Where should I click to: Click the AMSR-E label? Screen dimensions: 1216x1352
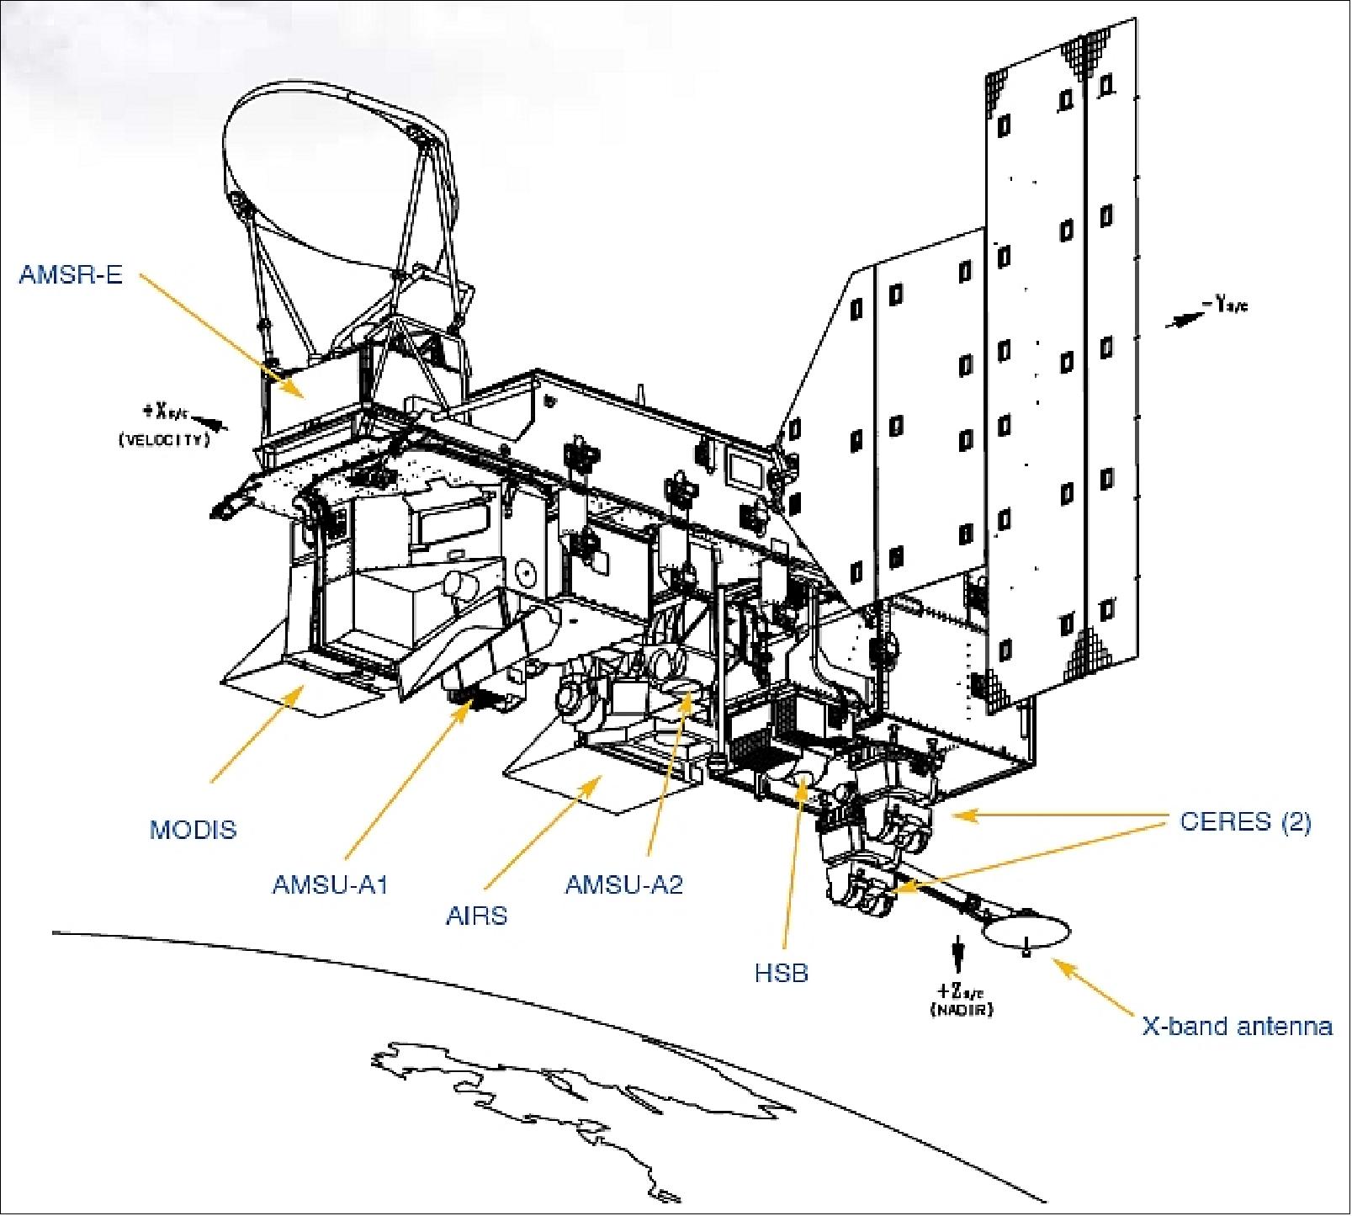coord(71,274)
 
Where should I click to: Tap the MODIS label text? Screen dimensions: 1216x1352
coord(193,830)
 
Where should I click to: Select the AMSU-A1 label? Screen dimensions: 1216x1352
coord(329,884)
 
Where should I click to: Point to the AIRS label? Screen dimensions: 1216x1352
coord(476,916)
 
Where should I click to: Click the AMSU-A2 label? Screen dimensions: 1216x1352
coord(623,884)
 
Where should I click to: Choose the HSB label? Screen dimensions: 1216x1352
coord(781,973)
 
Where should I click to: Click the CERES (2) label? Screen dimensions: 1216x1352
coord(1245,821)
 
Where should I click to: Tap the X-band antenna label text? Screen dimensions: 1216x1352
coord(1236,1027)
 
